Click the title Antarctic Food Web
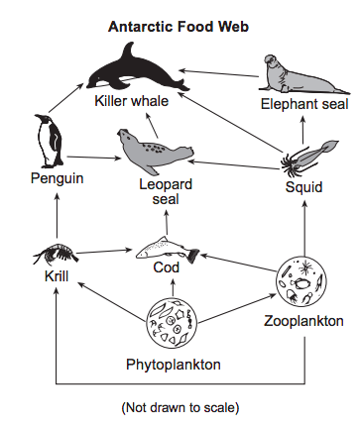click(179, 27)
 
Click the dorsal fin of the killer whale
click(129, 53)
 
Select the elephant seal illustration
click(303, 74)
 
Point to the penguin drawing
click(49, 142)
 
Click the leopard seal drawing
click(154, 152)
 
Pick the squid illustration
click(309, 158)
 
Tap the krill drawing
click(56, 254)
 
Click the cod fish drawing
click(167, 251)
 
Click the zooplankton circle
click(300, 280)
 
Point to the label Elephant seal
click(304, 104)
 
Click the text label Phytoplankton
click(174, 365)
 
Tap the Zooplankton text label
click(303, 321)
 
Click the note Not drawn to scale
click(180, 407)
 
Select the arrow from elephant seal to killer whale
click(218, 73)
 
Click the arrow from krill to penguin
click(57, 215)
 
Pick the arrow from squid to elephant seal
click(302, 130)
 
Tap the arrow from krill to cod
click(104, 252)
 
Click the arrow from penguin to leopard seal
click(94, 158)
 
